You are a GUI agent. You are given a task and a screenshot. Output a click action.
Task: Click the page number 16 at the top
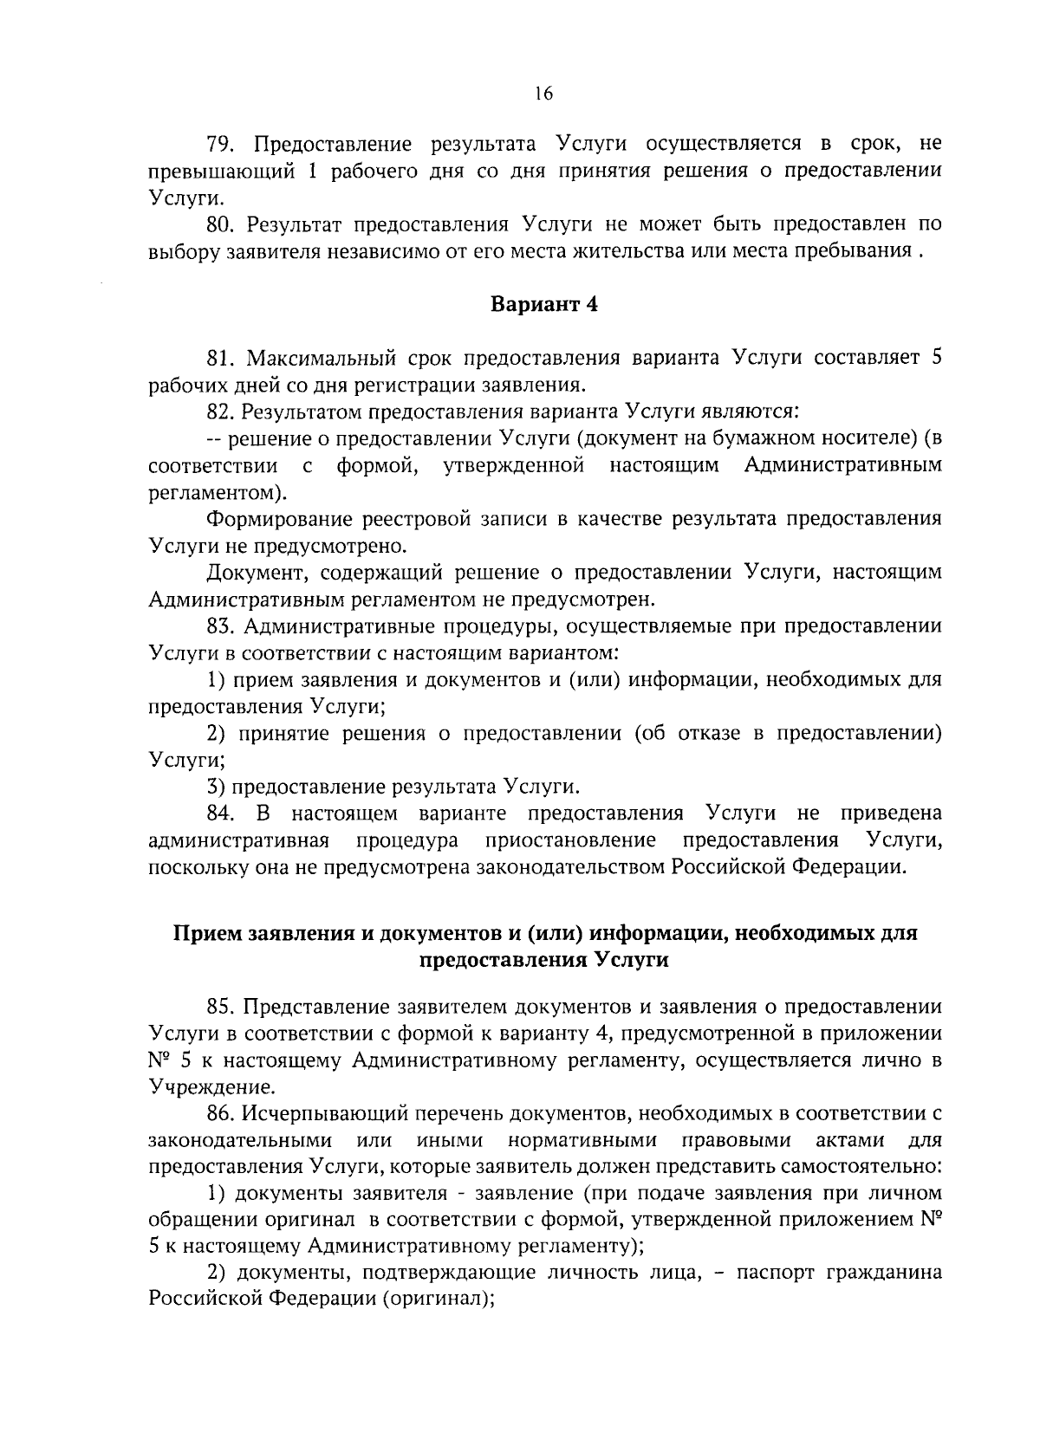click(543, 94)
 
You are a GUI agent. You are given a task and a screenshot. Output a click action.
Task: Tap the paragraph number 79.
click(221, 143)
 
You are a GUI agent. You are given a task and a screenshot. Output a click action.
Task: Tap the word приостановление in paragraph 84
click(570, 840)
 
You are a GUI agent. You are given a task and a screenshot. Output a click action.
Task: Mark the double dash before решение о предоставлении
click(216, 439)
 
